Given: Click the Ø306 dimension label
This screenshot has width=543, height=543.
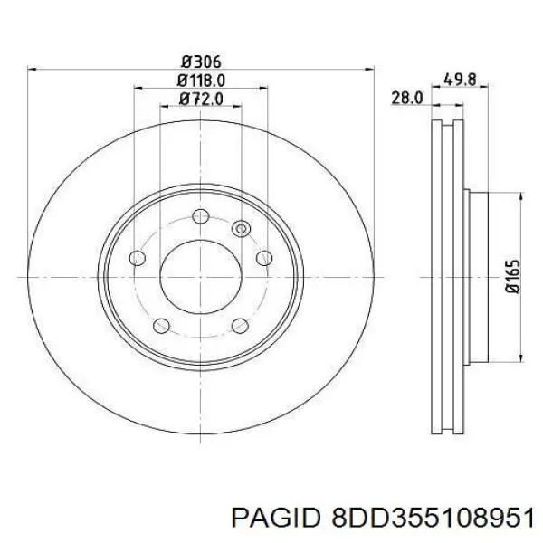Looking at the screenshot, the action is (x=201, y=62).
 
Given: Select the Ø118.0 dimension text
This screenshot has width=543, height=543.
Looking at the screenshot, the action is (x=201, y=81).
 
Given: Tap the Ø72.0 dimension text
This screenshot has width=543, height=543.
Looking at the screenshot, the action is (x=201, y=100).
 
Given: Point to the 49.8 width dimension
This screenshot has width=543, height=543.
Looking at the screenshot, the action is (x=461, y=80).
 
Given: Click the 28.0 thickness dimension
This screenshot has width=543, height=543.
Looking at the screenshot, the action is (x=407, y=98).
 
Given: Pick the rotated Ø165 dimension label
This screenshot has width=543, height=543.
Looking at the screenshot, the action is (x=513, y=277).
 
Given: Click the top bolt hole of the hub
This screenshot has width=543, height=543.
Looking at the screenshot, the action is (x=201, y=216).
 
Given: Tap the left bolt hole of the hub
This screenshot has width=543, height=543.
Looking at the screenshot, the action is (x=138, y=258).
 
